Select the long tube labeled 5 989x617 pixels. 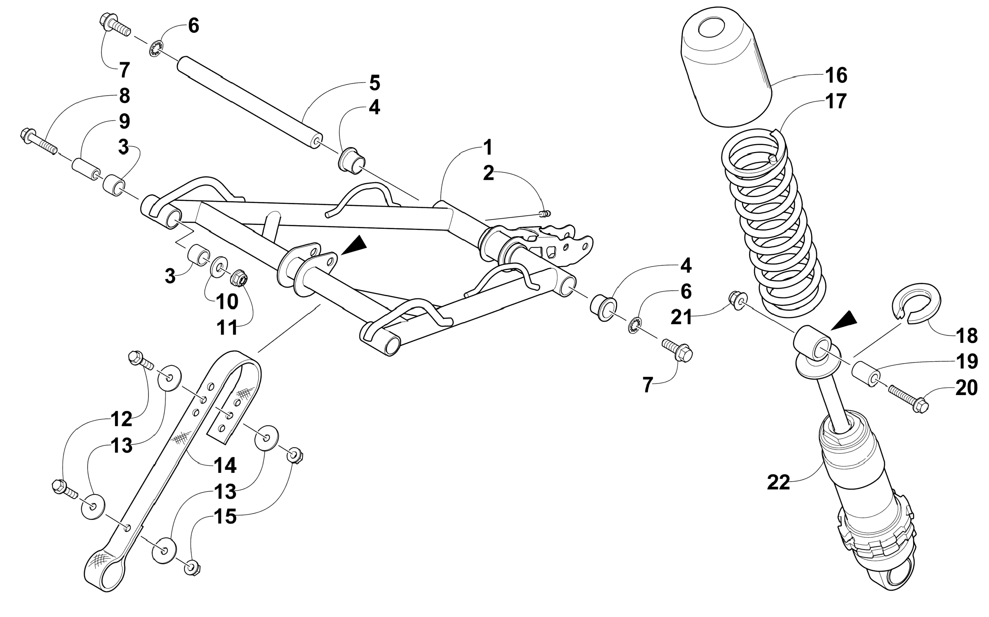coord(249,102)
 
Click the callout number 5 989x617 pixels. coord(374,83)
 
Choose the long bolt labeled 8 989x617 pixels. coord(39,143)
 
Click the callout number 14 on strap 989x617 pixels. coord(225,465)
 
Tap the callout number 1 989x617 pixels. coord(487,148)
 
